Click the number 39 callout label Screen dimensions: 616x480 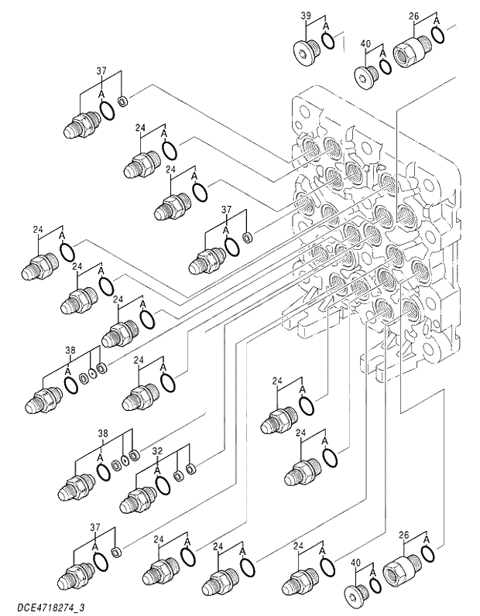tap(306, 15)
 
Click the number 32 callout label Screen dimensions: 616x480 tap(156, 450)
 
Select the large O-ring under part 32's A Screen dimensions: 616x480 tap(163, 484)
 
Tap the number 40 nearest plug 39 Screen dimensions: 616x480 tap(366, 44)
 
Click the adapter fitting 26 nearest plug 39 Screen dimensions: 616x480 tap(407, 53)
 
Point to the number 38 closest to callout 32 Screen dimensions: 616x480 tap(103, 433)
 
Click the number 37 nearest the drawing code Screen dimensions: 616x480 tap(95, 527)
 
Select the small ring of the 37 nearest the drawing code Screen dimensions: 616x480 tap(116, 553)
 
